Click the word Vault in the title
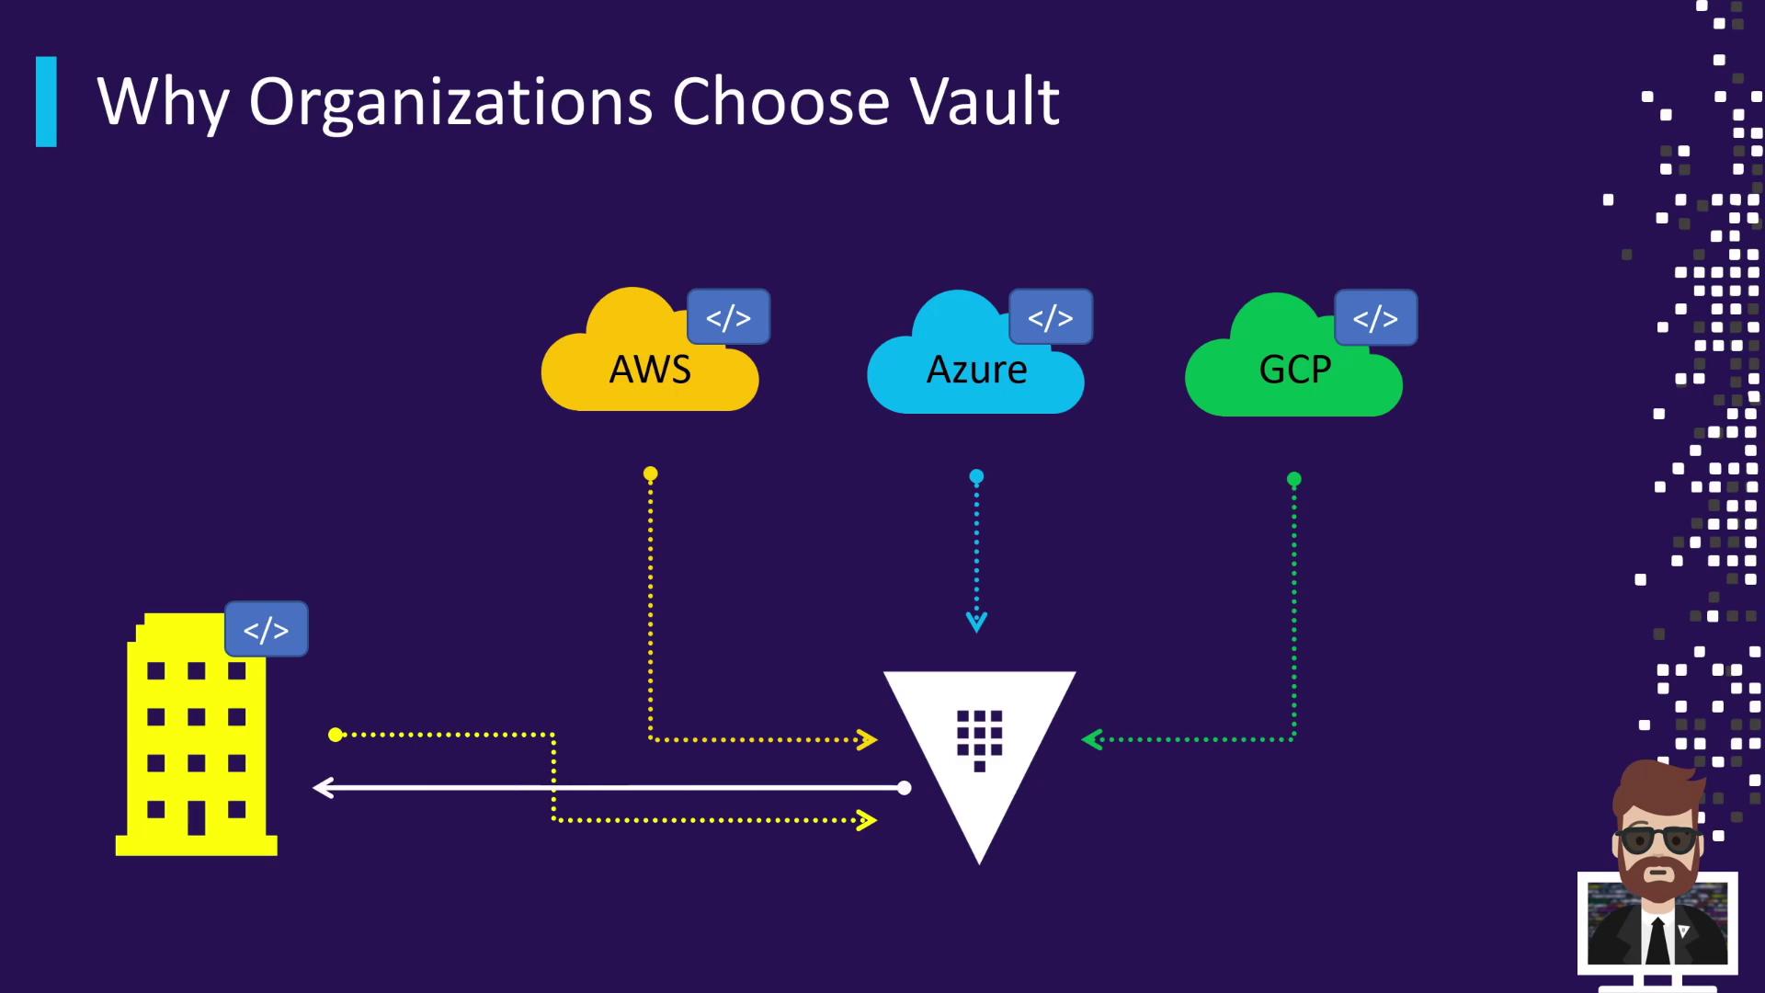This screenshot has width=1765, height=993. [985, 101]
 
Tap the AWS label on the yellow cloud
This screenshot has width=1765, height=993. [650, 370]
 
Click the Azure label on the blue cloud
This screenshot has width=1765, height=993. [976, 370]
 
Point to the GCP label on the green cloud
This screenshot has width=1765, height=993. [1294, 370]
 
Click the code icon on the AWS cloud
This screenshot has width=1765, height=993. [728, 317]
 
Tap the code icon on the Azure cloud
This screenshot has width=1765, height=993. [1050, 317]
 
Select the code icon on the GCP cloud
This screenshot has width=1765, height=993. [1375, 318]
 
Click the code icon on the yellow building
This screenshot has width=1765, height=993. [266, 630]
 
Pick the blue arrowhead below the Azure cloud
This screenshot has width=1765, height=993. [976, 622]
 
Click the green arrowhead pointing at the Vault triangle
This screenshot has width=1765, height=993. [1092, 739]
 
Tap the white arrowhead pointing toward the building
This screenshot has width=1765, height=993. [323, 788]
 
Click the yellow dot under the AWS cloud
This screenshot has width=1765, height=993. [650, 474]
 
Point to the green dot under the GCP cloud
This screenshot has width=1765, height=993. [1294, 479]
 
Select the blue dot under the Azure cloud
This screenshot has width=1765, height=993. [976, 476]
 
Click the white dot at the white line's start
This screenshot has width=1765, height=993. [905, 788]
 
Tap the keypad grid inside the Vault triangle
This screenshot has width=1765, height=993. [979, 736]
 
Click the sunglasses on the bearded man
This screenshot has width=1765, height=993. [1657, 839]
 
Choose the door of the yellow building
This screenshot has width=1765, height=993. [197, 816]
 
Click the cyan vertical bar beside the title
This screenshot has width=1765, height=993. [46, 102]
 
